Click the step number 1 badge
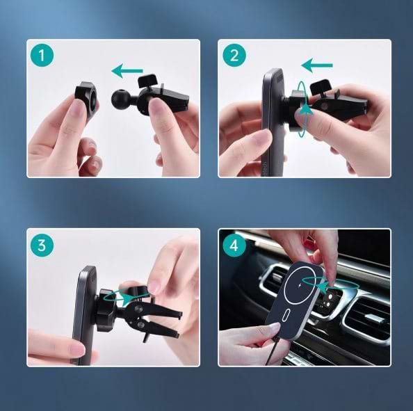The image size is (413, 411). [44, 56]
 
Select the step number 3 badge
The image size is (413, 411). [44, 245]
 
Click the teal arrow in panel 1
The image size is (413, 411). [127, 70]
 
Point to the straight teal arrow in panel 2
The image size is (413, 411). [317, 66]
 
